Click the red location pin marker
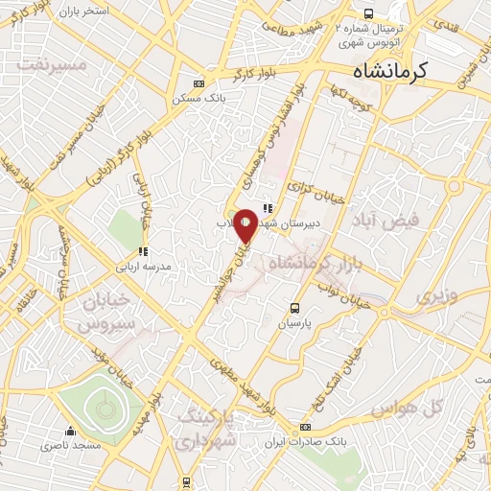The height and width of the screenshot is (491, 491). coord(245,226)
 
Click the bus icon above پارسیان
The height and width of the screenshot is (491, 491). coord(294,309)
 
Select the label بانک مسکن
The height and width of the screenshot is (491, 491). coord(199,99)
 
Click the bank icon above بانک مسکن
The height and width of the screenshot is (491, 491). coord(199,83)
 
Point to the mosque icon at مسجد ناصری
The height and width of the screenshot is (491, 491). coord(69,431)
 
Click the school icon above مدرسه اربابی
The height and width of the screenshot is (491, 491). coord(143,251)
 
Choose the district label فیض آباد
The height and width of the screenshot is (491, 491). coord(386,222)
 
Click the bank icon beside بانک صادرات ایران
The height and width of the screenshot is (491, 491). coord(305,427)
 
